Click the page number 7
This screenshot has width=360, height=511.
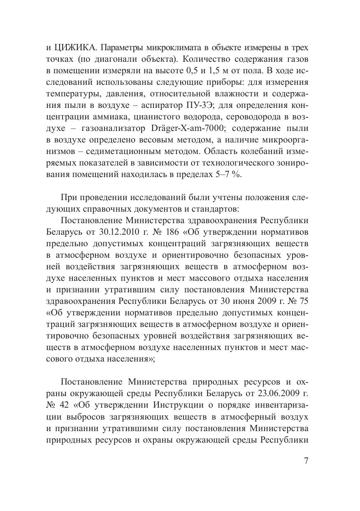click(306, 461)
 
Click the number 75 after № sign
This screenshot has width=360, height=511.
click(302, 300)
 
